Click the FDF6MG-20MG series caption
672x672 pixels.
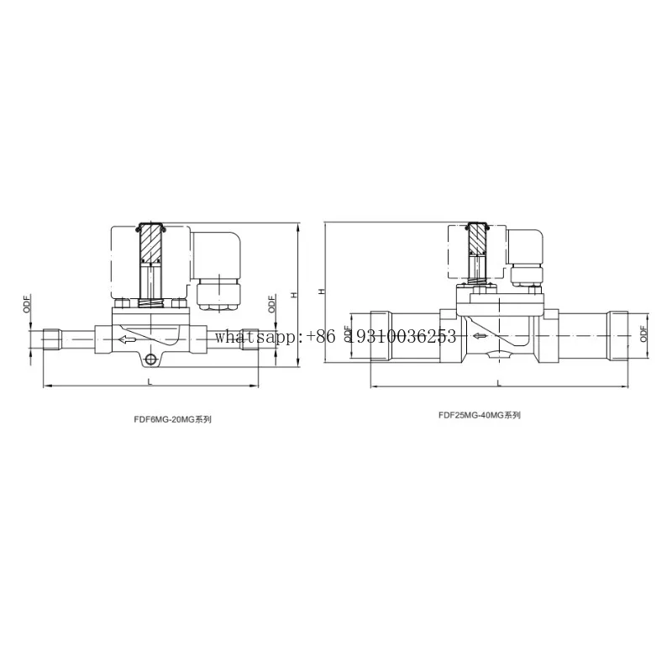[x=173, y=420]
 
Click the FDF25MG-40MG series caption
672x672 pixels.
[x=480, y=415]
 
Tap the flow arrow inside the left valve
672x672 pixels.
[x=128, y=340]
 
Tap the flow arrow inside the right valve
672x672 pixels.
[x=480, y=336]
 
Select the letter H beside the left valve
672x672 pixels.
[x=293, y=295]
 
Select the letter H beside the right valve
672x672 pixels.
[x=322, y=291]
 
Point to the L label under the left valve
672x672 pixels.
[x=150, y=381]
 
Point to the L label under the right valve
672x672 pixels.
[x=499, y=383]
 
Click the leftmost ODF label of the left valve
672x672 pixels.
[x=27, y=304]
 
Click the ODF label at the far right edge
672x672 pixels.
[x=643, y=333]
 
